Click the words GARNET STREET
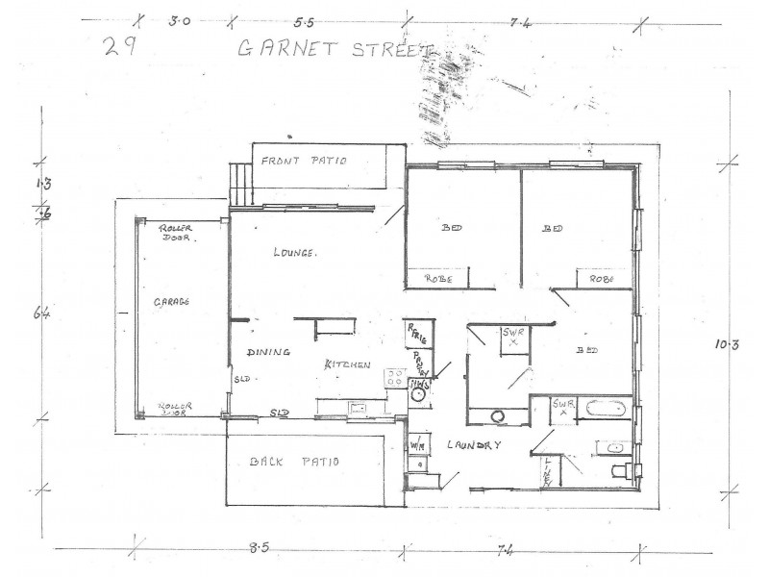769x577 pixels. click(x=335, y=48)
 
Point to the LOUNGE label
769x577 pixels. click(x=295, y=253)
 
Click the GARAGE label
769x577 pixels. click(x=172, y=301)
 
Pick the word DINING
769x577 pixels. click(x=268, y=353)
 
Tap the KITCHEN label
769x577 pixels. click(x=348, y=364)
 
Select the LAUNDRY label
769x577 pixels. click(x=474, y=445)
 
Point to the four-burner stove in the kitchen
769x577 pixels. click(x=396, y=378)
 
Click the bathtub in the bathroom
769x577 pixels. click(x=605, y=408)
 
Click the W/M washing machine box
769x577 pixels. click(x=418, y=446)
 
